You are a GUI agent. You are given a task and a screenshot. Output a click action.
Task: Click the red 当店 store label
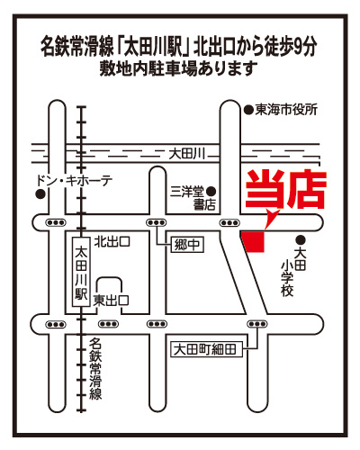[x=286, y=189]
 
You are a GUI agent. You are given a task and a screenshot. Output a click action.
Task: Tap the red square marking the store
[x=254, y=241]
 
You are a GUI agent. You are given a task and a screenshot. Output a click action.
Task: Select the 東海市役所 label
[x=286, y=110]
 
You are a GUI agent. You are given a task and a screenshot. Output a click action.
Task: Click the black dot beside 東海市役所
[x=248, y=111]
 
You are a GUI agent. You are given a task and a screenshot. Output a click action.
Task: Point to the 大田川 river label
[x=186, y=155]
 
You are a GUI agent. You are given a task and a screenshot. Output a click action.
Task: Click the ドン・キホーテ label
[x=74, y=181]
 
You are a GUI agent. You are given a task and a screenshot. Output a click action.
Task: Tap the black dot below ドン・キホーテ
[x=40, y=194]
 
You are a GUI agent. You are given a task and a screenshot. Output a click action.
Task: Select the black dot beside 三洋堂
[x=211, y=191]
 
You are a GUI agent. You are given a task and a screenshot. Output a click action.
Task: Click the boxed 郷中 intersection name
[x=187, y=245]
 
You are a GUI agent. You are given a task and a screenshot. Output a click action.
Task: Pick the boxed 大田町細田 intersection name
[x=206, y=349]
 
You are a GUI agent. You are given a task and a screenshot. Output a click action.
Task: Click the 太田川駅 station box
[x=81, y=272]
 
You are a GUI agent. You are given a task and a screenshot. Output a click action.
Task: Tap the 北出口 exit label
[x=112, y=241]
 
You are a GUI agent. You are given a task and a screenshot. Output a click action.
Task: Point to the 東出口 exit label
[x=111, y=301]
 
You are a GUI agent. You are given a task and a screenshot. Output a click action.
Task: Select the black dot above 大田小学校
[x=301, y=239]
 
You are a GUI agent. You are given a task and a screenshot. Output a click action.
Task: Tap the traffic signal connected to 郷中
[x=156, y=223]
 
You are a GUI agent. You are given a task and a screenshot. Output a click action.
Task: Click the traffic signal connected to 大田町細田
[x=256, y=324]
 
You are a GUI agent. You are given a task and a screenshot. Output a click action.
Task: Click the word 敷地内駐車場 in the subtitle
[x=148, y=68]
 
